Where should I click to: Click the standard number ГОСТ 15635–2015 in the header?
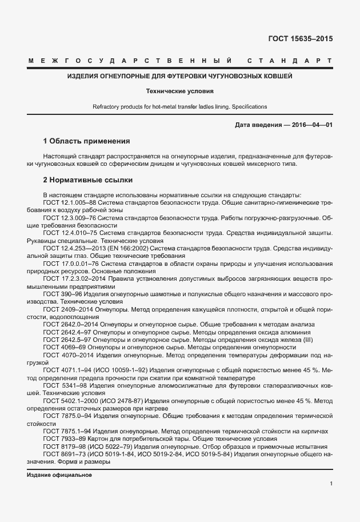(x=300, y=39)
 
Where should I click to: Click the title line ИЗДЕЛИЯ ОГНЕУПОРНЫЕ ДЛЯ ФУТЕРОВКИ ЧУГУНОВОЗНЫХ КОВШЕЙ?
(x=179, y=75)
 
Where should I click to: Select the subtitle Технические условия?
(x=179, y=91)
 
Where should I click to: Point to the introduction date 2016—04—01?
(x=309, y=125)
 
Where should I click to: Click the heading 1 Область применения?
(x=87, y=141)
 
